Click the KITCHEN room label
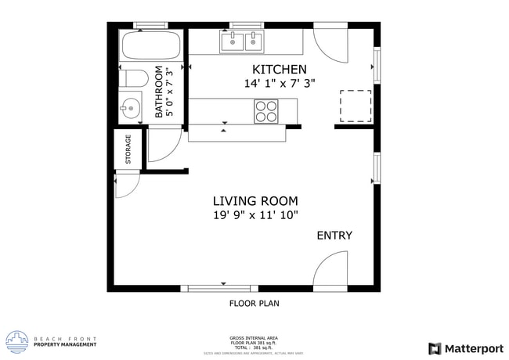[278, 70]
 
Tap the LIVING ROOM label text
[256, 200]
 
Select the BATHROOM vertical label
[159, 92]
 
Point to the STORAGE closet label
[128, 150]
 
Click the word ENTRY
[334, 236]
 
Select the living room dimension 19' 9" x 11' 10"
[256, 215]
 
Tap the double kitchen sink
[242, 41]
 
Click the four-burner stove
[266, 112]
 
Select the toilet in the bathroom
[134, 78]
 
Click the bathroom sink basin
[130, 106]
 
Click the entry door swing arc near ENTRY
[329, 270]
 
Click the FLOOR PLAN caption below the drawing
[254, 303]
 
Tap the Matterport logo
[465, 348]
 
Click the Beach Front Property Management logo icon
[16, 341]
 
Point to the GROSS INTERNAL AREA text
[254, 338]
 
